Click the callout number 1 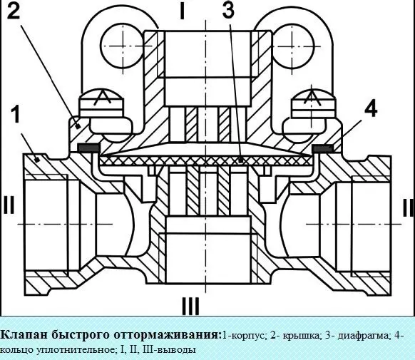(16, 114)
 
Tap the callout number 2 (14, 11)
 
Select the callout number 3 (228, 11)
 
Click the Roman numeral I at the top (182, 11)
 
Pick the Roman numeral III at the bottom (190, 306)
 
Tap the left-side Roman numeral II (9, 205)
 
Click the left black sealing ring (88, 148)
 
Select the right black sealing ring (322, 148)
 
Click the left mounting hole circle (123, 46)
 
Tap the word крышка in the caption (302, 336)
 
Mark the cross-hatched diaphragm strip (206, 160)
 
